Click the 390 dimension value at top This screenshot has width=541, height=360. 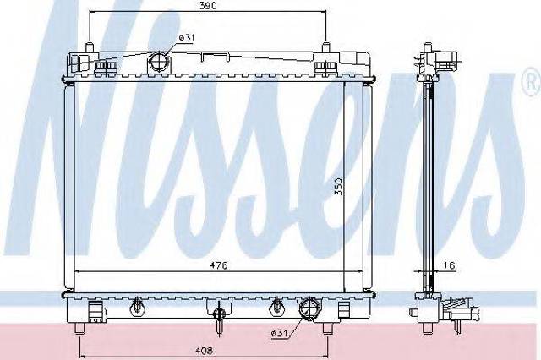tap(209, 6)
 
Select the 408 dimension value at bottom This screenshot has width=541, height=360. tap(205, 351)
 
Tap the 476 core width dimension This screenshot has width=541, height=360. tap(219, 265)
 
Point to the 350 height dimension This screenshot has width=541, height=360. tap(338, 186)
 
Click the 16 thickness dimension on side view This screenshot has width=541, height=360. tap(449, 265)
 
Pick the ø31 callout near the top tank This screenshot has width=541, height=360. tap(187, 37)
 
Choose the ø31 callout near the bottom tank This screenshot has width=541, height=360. tap(280, 333)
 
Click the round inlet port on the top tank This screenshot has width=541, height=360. tap(159, 63)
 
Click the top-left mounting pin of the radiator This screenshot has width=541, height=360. tap(90, 47)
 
